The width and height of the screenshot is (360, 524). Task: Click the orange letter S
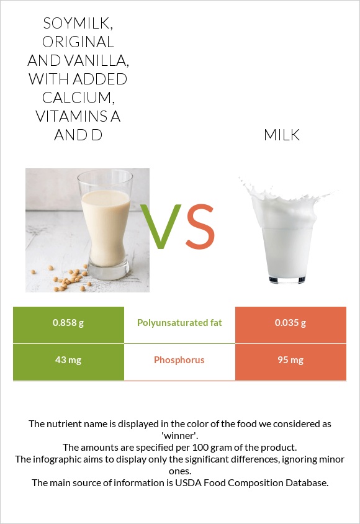point(200,227)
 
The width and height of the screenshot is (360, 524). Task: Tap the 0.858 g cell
point(68,323)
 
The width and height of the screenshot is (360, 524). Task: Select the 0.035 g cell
point(290,323)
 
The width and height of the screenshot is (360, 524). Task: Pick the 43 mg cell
point(68,360)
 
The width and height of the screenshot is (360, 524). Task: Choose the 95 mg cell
point(290,360)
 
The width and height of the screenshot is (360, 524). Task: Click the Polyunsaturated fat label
point(179,323)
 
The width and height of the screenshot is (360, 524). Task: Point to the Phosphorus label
point(179,360)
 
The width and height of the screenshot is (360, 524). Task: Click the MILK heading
point(282,135)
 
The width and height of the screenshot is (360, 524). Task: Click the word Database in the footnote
point(305,482)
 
